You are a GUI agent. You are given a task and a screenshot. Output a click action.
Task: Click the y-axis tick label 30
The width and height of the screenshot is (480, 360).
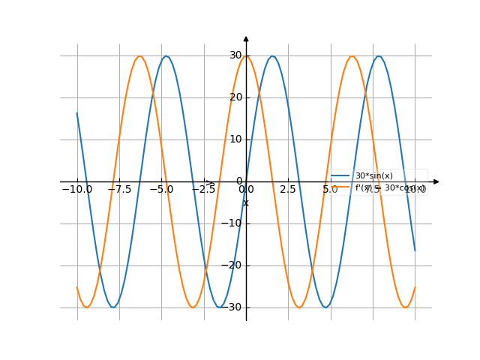click(x=235, y=55)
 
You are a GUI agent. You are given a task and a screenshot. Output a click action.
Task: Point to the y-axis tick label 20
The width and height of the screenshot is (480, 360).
click(x=235, y=97)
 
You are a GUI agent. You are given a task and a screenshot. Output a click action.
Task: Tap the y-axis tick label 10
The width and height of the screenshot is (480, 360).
click(x=235, y=139)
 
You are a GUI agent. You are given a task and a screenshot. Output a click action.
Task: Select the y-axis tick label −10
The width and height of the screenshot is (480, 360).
click(x=234, y=223)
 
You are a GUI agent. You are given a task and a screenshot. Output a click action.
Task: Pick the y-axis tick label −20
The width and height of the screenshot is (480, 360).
click(x=234, y=265)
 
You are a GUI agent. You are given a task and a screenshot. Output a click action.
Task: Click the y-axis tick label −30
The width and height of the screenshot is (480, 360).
click(x=234, y=307)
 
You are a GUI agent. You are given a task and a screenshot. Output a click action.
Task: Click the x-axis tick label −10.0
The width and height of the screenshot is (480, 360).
click(x=77, y=190)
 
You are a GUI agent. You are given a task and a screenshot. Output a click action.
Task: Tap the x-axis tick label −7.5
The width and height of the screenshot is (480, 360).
click(x=119, y=190)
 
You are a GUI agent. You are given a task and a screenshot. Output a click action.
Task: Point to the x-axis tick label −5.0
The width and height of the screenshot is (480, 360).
click(x=161, y=190)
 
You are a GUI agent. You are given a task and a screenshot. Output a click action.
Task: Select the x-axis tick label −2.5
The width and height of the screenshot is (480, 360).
click(x=203, y=190)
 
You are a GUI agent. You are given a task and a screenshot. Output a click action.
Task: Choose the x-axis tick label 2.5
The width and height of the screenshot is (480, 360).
click(x=288, y=190)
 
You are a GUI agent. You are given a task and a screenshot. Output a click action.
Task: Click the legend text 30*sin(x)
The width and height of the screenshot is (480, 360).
click(x=374, y=176)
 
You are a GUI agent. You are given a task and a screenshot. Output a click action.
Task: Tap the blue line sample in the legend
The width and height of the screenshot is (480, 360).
click(x=342, y=176)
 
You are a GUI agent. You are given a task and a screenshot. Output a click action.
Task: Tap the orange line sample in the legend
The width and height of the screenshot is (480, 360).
click(x=342, y=187)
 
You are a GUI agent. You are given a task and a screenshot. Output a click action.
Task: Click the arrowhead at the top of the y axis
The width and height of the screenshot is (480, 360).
click(x=246, y=38)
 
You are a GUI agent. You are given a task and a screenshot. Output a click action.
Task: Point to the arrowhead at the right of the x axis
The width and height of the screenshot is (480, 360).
click(x=436, y=181)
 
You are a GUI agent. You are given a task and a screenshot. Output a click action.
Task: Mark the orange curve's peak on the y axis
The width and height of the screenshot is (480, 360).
click(x=246, y=56)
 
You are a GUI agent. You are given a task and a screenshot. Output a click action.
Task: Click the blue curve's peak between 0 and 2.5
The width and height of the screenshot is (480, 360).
click(x=272, y=56)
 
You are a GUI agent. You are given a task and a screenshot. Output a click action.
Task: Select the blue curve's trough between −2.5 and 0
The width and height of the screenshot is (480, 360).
click(x=220, y=307)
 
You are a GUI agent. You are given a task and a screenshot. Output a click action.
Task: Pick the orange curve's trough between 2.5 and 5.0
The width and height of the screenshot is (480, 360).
click(x=299, y=307)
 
